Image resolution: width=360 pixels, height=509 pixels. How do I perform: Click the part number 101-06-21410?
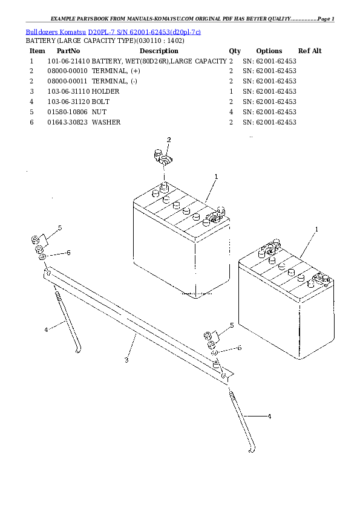[x=68, y=61]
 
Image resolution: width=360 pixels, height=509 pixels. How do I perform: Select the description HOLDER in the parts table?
[x=106, y=91]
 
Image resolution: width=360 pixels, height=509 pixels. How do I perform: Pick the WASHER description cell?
[x=106, y=122]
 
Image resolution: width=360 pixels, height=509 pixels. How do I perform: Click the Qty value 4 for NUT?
[x=231, y=112]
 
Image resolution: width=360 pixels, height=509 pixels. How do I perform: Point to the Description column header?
[x=159, y=51]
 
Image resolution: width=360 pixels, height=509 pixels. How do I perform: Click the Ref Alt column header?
[x=310, y=51]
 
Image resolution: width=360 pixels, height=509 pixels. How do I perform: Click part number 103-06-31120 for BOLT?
[x=68, y=102]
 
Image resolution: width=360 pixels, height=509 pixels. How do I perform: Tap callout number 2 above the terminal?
[x=169, y=140]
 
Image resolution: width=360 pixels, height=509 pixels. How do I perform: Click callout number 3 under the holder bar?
[x=126, y=360]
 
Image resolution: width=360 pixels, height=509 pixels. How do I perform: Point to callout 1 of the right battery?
[x=316, y=229]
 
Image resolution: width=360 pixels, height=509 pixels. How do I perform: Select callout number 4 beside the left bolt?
[x=46, y=329]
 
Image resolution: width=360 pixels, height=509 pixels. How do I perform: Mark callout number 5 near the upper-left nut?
[x=60, y=227]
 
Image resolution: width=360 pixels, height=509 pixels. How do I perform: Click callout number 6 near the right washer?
[x=240, y=348]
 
